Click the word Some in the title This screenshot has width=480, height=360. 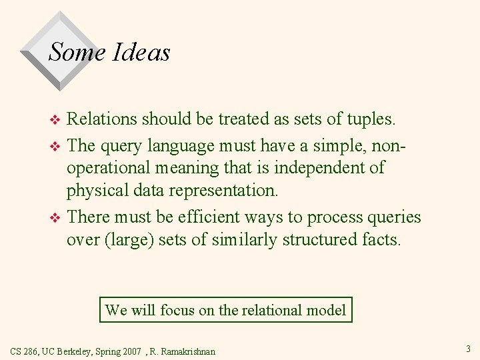(x=77, y=52)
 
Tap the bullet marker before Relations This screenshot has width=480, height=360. (x=56, y=120)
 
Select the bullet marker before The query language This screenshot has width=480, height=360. (x=56, y=144)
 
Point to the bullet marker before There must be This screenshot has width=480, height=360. (x=56, y=218)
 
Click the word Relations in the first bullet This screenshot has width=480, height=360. (x=104, y=119)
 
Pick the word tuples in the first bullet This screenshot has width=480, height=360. (x=370, y=119)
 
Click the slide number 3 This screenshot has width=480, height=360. (x=468, y=348)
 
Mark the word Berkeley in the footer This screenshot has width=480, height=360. (x=76, y=351)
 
